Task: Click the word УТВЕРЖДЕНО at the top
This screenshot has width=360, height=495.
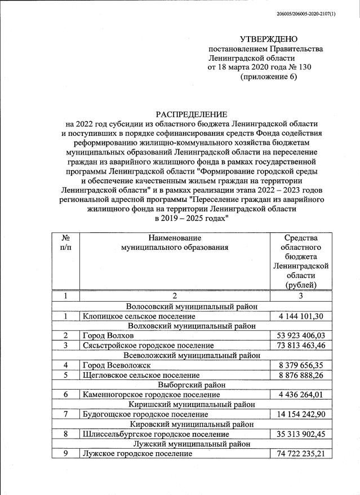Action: point(268,39)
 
